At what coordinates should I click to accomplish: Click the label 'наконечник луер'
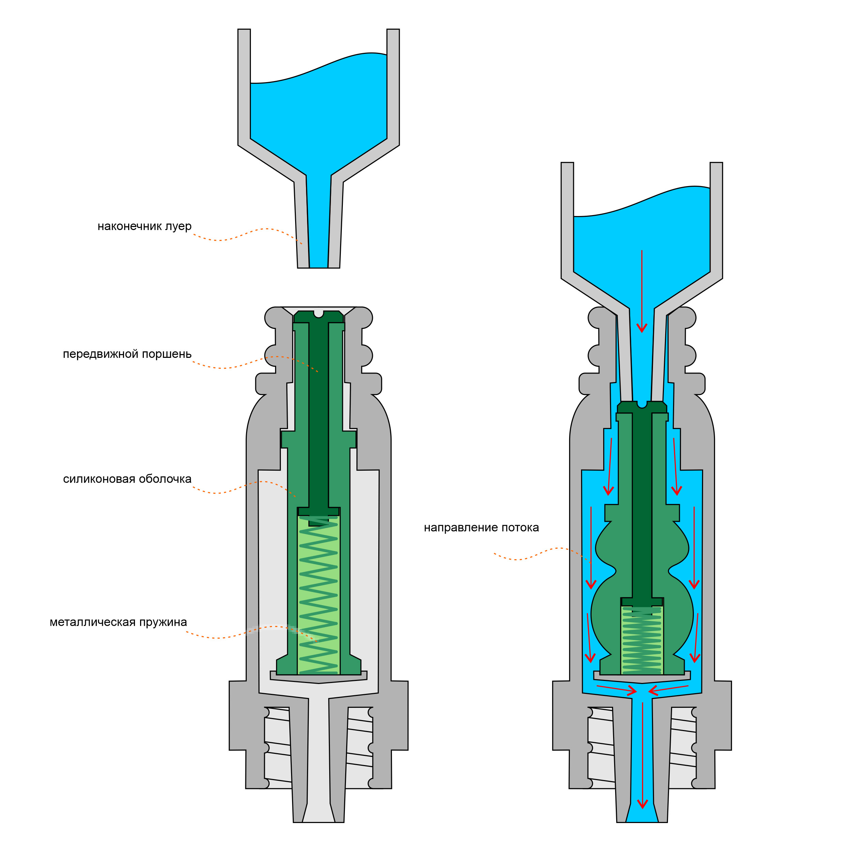[144, 226]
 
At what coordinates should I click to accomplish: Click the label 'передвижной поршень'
[127, 354]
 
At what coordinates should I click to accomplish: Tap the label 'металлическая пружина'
[118, 622]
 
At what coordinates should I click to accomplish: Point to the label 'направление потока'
[481, 528]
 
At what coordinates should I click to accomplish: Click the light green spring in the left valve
[318, 595]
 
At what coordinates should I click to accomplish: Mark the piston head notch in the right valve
[642, 404]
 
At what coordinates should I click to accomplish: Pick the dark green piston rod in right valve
[642, 507]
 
